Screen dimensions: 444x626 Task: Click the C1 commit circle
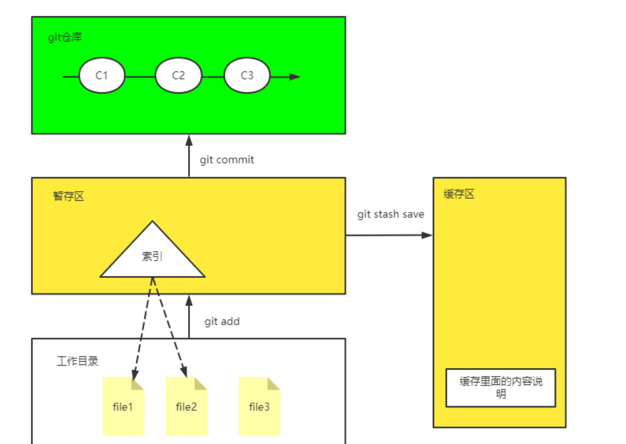coord(102,76)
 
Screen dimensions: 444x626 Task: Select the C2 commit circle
coord(178,76)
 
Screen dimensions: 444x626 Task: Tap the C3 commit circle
coord(247,76)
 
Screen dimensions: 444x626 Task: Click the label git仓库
coord(65,38)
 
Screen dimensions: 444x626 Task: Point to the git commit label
coord(226,160)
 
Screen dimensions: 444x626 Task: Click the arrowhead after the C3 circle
coord(295,77)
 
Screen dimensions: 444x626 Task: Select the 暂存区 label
coord(68,196)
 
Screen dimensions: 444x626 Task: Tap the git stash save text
coord(391,214)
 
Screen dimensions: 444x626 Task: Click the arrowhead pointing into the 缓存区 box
coord(427,235)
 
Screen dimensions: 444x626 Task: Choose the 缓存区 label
coord(459,194)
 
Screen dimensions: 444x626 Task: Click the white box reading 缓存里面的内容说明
coord(500,387)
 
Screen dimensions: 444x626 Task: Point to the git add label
coord(222,321)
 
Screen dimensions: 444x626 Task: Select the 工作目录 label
coord(77,361)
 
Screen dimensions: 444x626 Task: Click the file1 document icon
coord(123,406)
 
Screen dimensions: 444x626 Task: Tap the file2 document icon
coord(186,406)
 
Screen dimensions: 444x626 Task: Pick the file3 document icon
coord(259,406)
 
